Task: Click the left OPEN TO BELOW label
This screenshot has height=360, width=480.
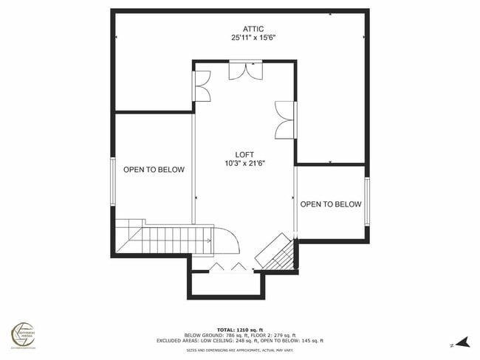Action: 154,170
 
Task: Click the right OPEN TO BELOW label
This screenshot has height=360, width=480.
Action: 331,204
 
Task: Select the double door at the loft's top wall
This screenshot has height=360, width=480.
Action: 244,70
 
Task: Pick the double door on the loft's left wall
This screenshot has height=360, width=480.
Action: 202,86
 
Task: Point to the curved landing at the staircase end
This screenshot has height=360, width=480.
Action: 227,241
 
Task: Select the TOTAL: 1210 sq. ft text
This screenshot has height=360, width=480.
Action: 239,329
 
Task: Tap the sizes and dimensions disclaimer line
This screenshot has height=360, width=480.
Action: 239,350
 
